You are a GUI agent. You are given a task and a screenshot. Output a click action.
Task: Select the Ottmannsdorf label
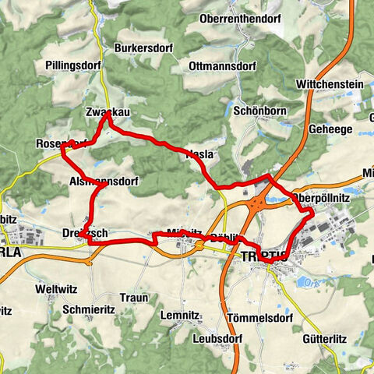pyautogui.click(x=221, y=67)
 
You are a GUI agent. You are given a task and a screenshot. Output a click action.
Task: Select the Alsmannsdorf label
pyautogui.click(x=104, y=182)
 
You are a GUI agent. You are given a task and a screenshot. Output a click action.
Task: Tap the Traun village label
pyautogui.click(x=133, y=298)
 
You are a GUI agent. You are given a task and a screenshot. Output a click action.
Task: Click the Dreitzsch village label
pyautogui.click(x=84, y=233)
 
